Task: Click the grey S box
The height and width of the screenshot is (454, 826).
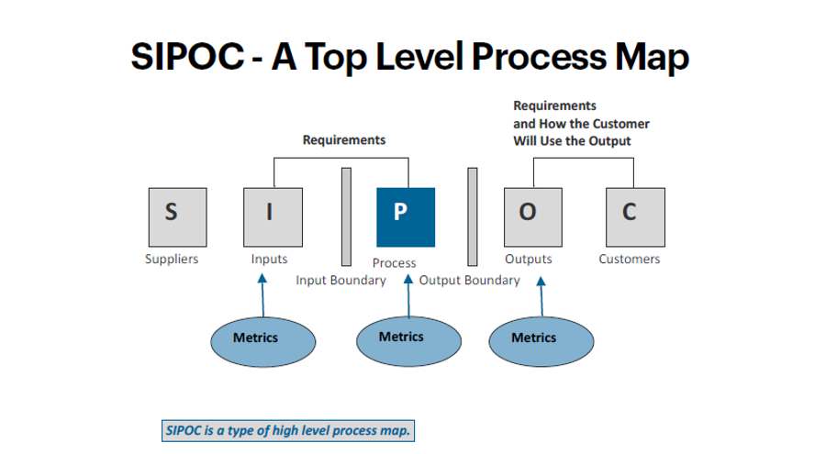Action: click(x=177, y=217)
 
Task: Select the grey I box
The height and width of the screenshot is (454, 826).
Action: click(x=273, y=217)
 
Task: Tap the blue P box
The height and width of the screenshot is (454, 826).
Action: click(x=406, y=217)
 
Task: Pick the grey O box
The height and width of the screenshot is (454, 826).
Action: click(x=533, y=217)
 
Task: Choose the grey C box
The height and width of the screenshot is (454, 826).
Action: click(x=635, y=217)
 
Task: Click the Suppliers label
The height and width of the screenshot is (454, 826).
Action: click(x=172, y=260)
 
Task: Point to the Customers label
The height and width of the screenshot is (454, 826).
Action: click(x=629, y=260)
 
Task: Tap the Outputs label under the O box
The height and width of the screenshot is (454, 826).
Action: click(x=529, y=260)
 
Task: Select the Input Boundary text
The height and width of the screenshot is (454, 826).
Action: click(x=340, y=280)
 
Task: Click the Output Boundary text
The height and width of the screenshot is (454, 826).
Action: click(x=469, y=280)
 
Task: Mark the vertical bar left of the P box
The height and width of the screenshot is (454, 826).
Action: click(x=346, y=217)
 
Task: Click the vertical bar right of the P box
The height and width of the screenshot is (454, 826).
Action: click(x=473, y=217)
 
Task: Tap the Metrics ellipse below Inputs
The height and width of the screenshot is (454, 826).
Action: click(x=262, y=342)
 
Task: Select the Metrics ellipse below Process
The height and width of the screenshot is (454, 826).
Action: click(x=408, y=341)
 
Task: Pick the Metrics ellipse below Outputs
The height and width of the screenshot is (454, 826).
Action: click(x=541, y=341)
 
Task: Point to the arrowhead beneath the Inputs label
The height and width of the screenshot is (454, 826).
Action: click(x=262, y=278)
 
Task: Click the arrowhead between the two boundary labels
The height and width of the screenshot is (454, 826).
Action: click(x=408, y=279)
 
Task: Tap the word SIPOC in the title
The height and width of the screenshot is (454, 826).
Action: click(x=187, y=56)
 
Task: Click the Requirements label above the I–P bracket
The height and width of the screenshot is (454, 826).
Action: click(x=344, y=140)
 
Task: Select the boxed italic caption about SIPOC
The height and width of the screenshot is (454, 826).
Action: click(x=288, y=430)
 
